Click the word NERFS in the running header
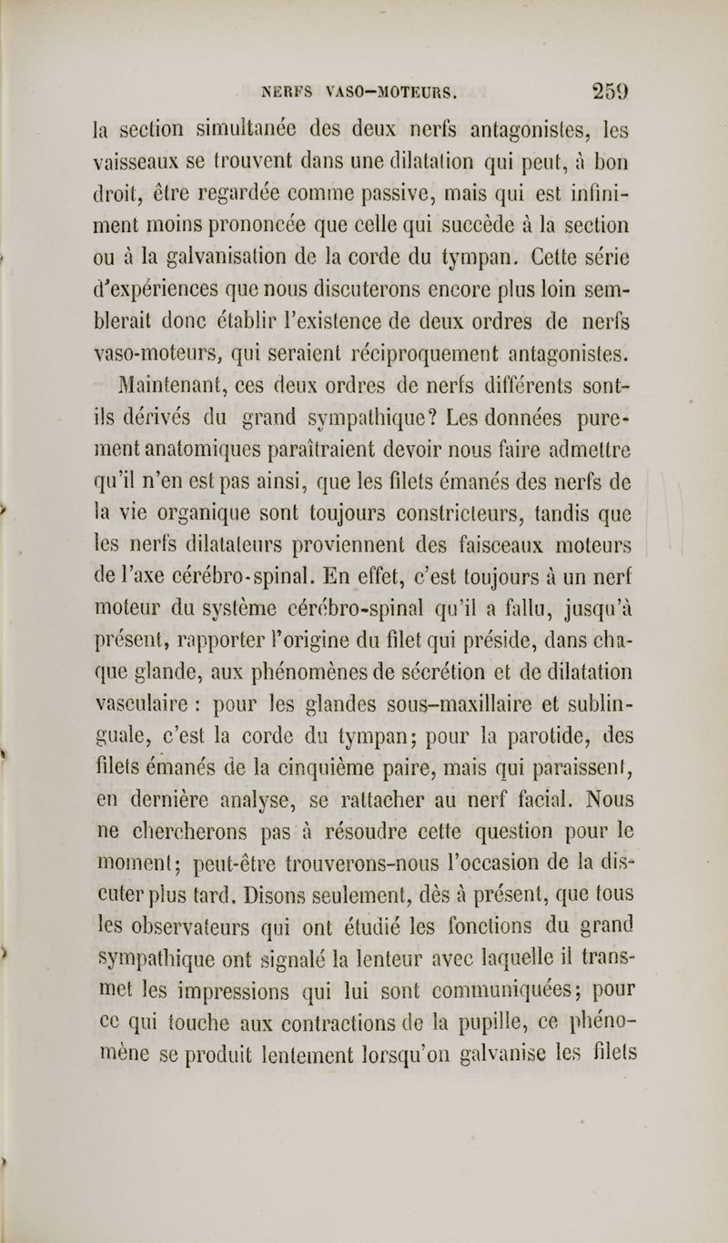pyautogui.click(x=288, y=90)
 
